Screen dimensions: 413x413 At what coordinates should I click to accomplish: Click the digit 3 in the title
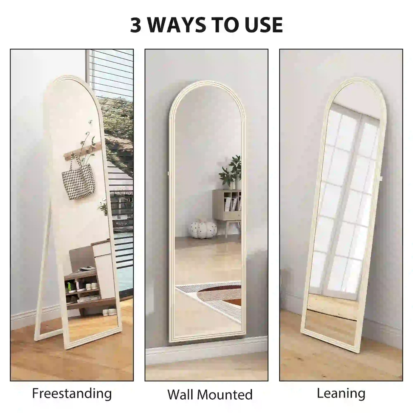pos(136,25)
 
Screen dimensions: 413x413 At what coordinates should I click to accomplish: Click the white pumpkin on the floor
pos(203,229)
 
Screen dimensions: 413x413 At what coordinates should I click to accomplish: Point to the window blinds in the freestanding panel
pos(114,71)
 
